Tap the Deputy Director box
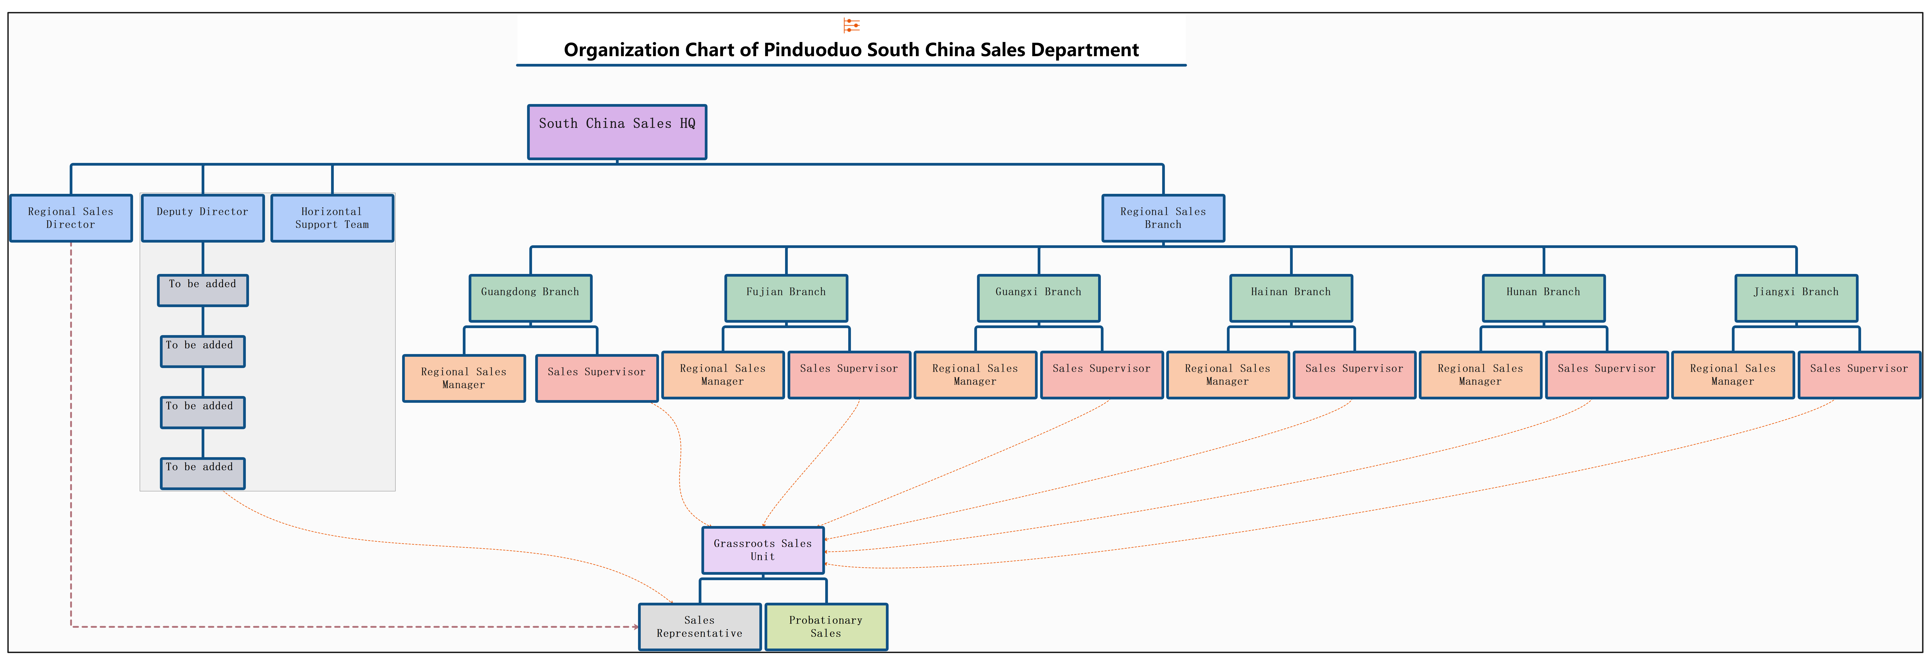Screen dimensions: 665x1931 click(202, 218)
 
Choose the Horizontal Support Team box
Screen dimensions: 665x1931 click(332, 218)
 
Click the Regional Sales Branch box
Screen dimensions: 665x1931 click(1163, 218)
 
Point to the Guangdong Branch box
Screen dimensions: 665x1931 click(530, 298)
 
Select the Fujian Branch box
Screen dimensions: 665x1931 click(786, 298)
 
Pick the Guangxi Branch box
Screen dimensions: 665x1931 click(1038, 298)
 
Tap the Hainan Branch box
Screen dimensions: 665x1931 click(1291, 298)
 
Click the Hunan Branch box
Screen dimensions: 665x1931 click(1544, 298)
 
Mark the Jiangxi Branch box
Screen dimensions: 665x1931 click(1796, 298)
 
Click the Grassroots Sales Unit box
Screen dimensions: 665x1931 click(762, 550)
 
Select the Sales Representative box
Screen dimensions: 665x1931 click(699, 627)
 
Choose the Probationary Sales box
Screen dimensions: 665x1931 click(825, 627)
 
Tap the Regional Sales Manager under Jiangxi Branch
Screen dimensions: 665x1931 click(1732, 375)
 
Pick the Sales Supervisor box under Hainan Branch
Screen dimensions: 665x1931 click(1354, 375)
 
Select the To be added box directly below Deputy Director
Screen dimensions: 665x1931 click(202, 290)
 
